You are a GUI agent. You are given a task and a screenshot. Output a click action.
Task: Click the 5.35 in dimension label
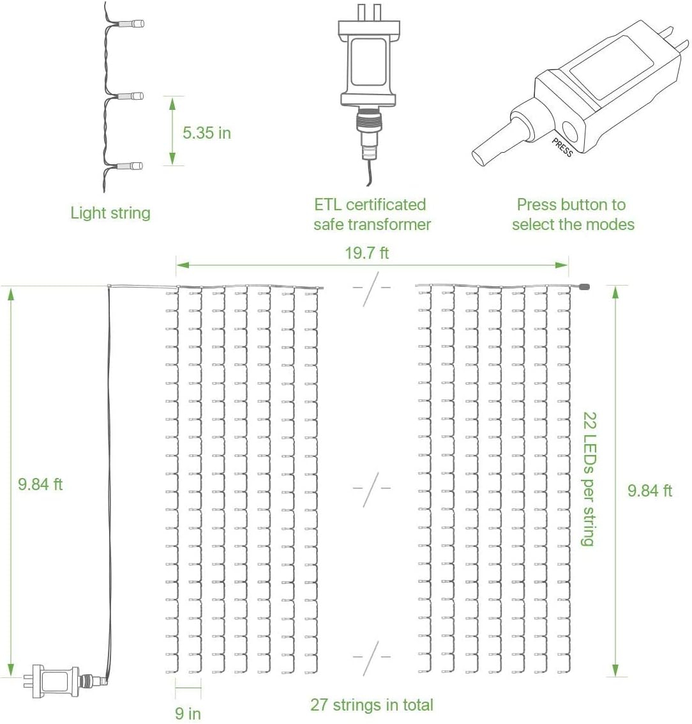[x=206, y=133]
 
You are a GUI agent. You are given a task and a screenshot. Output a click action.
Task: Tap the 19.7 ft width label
[x=366, y=253]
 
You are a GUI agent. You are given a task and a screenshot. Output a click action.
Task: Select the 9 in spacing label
[x=188, y=712]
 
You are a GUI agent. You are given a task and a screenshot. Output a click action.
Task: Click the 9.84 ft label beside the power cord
[x=40, y=484]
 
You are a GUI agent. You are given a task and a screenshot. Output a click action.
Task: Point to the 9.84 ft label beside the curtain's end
[x=649, y=491]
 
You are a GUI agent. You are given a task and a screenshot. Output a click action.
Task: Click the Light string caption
[x=110, y=213]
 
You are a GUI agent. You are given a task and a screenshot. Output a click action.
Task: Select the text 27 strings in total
[x=372, y=705]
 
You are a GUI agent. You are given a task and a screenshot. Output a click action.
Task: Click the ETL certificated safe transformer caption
[x=372, y=215]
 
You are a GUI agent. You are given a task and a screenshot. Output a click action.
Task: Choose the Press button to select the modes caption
[x=573, y=215]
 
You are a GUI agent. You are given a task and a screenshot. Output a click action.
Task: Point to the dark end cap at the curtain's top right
[x=583, y=287]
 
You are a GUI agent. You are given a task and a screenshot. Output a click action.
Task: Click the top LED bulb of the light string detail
[x=135, y=24]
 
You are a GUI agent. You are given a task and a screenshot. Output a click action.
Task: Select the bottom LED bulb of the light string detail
[x=135, y=166]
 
